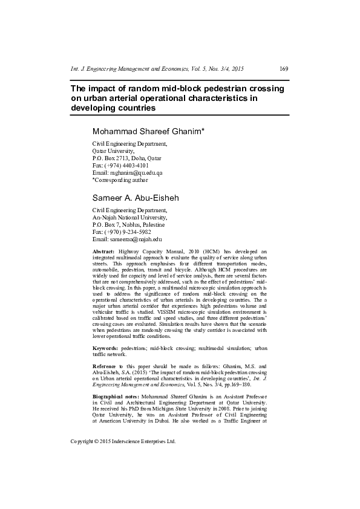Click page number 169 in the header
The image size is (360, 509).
(284, 69)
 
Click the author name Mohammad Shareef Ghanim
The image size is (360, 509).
(148, 131)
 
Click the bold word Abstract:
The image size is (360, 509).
(103, 250)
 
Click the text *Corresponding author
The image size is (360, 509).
(119, 180)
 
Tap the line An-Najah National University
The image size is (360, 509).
(128, 217)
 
